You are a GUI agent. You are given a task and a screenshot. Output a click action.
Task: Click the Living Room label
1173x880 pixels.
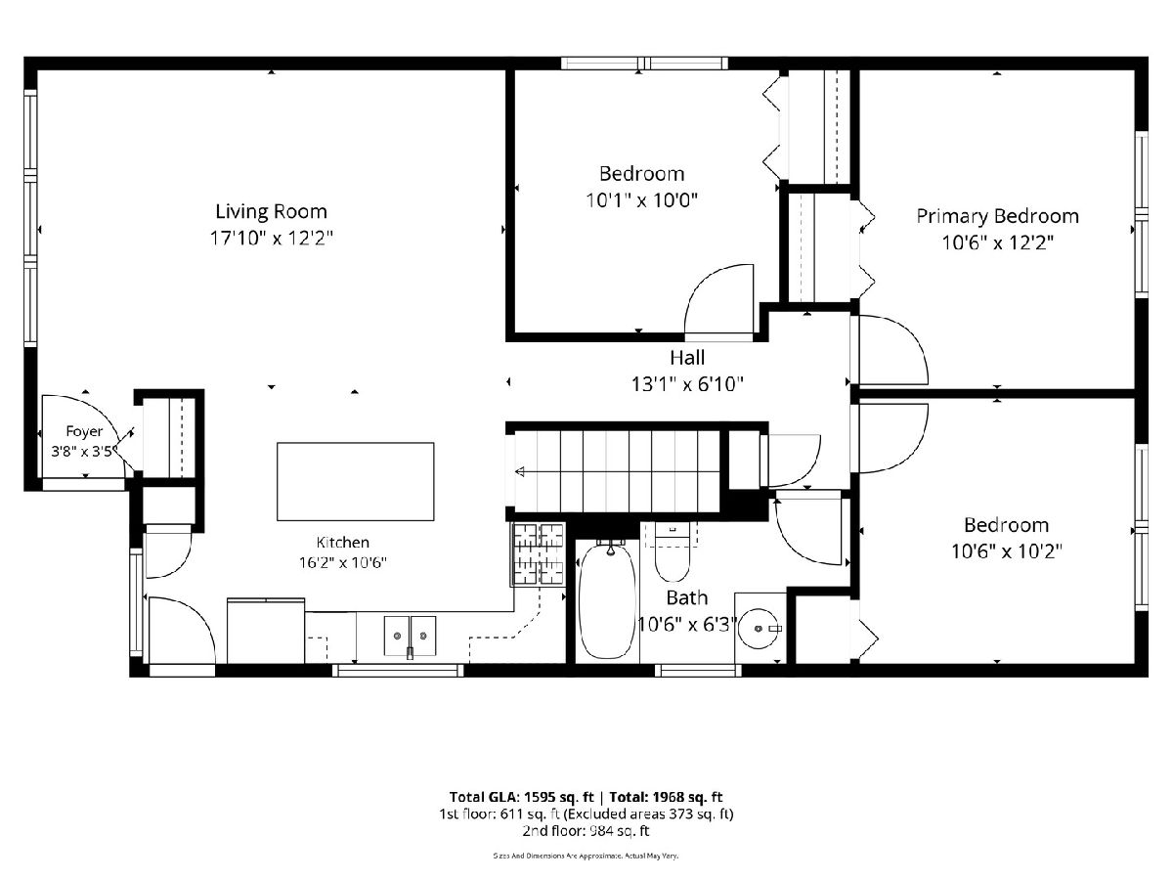coord(271,212)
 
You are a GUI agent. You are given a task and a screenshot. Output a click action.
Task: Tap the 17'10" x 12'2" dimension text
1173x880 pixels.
coord(271,238)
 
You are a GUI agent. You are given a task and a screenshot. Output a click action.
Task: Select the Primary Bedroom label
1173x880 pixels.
coord(997,217)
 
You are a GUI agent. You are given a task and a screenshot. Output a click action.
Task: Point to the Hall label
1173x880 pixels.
coord(687,358)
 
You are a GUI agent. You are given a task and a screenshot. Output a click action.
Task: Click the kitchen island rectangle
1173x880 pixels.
coord(356,481)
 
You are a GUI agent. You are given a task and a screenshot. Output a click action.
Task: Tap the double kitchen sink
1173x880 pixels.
coord(410,636)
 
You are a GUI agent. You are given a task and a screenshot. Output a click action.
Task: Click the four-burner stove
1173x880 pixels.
coord(539,554)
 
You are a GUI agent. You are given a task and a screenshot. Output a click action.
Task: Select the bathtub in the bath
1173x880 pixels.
coord(608,600)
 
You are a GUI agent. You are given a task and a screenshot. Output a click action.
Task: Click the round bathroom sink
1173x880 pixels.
coord(759,629)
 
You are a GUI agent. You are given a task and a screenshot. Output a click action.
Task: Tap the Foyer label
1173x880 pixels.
coord(84,431)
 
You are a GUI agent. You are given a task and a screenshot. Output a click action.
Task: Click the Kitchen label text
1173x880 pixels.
coord(342,543)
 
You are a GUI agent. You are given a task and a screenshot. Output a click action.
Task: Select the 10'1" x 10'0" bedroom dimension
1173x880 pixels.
coord(642,200)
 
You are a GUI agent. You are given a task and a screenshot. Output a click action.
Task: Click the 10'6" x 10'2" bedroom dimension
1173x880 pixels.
coord(1006,550)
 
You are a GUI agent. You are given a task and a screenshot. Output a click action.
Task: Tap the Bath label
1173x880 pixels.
coord(687,597)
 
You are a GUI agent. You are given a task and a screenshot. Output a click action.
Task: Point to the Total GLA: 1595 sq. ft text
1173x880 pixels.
coord(522,797)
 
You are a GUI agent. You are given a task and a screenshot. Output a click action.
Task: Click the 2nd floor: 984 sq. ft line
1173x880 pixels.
coord(586,831)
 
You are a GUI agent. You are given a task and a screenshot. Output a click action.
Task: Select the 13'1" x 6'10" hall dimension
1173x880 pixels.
coord(687,384)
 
